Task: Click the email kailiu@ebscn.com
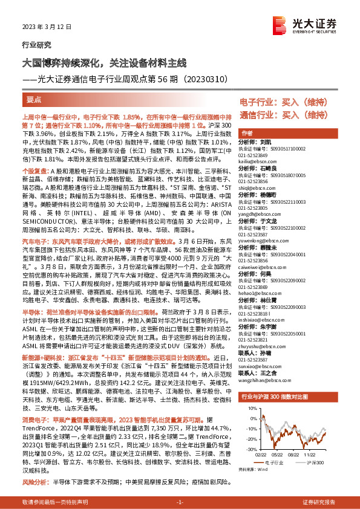pos(253,163)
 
